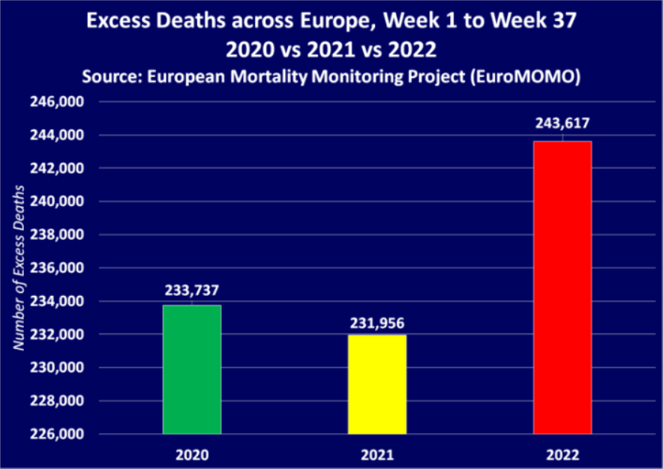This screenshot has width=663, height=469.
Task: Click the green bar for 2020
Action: point(192,369)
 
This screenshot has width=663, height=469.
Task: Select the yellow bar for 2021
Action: point(377,384)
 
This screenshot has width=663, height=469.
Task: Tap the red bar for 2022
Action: point(562,287)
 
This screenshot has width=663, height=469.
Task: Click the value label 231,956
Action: point(377,322)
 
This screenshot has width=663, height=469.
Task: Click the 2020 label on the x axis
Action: point(192,454)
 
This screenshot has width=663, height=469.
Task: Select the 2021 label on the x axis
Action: point(377,454)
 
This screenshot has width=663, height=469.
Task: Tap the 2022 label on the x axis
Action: point(562,454)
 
